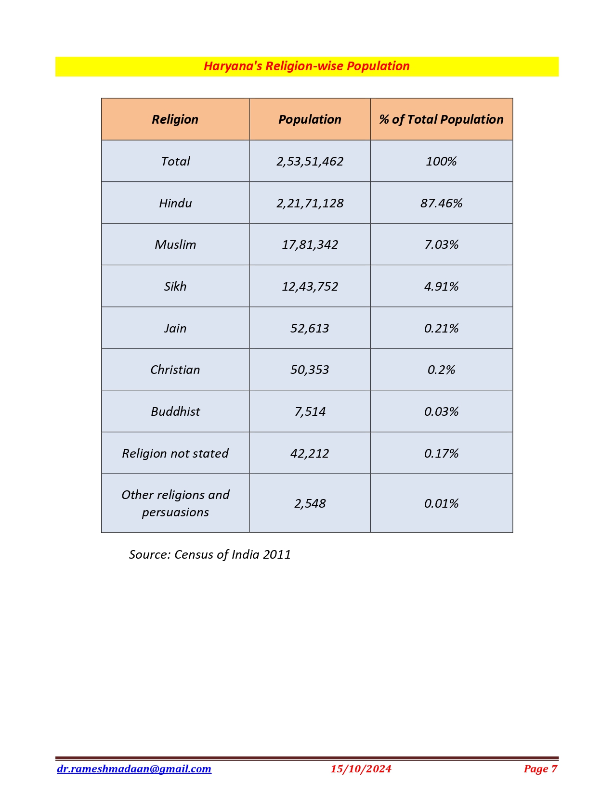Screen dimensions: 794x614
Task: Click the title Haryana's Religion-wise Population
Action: [306, 66]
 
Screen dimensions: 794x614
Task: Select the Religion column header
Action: [175, 119]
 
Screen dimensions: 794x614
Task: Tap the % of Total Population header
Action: [441, 119]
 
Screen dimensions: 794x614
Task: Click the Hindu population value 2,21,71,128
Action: [310, 203]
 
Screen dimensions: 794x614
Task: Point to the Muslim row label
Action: [175, 244]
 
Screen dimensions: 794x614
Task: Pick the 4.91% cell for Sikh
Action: [441, 286]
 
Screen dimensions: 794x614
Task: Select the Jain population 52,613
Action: [310, 328]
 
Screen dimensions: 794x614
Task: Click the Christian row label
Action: [175, 370]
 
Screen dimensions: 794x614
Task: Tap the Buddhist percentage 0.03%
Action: [441, 411]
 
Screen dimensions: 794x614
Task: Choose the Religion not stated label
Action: [175, 453]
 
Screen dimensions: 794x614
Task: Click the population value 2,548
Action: [310, 503]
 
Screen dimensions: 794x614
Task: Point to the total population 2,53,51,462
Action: [310, 161]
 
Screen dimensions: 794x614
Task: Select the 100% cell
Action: [441, 161]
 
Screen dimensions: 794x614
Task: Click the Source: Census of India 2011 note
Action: [209, 554]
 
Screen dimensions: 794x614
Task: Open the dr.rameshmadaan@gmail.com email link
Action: [134, 768]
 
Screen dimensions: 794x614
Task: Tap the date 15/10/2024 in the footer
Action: [361, 768]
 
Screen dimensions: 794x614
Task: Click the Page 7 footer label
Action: [540, 768]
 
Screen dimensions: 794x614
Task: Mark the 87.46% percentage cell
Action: [441, 203]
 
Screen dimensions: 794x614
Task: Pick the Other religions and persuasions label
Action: [175, 503]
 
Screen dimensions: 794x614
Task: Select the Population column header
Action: [310, 119]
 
